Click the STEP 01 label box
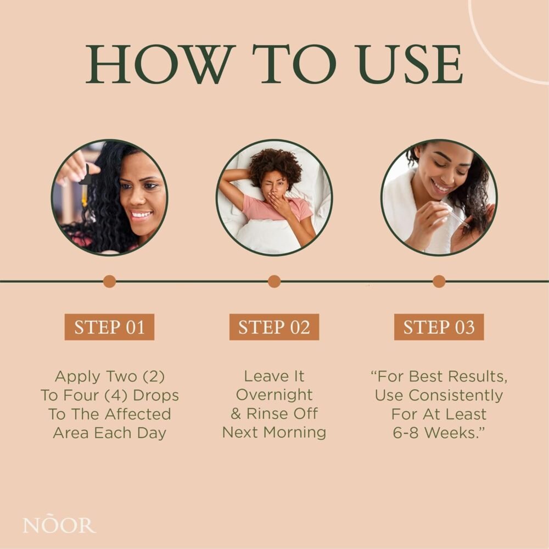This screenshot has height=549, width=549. click(x=109, y=327)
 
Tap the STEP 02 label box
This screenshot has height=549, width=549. click(x=274, y=327)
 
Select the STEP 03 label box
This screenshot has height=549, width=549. click(x=439, y=327)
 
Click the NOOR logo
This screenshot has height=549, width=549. click(x=59, y=524)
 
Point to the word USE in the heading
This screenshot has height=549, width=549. click(x=410, y=64)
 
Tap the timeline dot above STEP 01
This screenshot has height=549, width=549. click(x=110, y=281)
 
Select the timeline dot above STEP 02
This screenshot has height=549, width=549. click(x=274, y=281)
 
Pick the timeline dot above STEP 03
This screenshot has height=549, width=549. click(x=439, y=281)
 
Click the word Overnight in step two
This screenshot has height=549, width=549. click(x=274, y=395)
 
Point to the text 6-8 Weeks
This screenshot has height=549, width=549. click(x=438, y=433)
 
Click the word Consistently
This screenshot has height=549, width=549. click(x=456, y=396)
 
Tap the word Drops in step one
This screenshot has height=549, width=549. click(x=156, y=396)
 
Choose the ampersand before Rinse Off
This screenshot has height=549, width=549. click(x=236, y=414)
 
